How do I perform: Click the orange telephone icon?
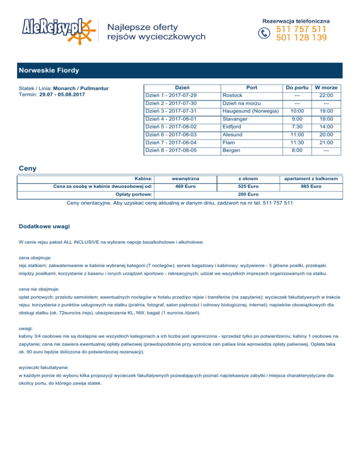click(265, 33)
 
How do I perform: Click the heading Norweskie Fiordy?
click(49, 70)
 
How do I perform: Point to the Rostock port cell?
click(232, 96)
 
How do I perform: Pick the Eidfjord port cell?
click(234, 127)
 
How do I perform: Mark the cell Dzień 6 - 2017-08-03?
click(171, 135)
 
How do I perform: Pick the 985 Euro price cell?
click(311, 186)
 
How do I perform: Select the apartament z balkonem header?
click(311, 179)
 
